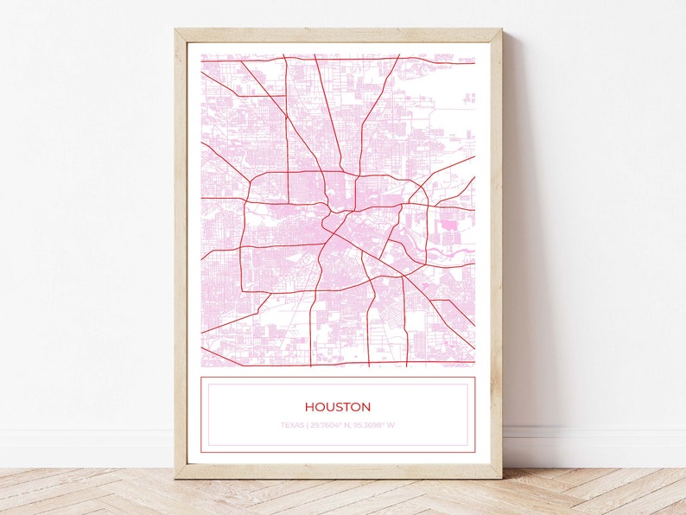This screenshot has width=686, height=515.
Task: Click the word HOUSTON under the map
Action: pyautogui.click(x=337, y=407)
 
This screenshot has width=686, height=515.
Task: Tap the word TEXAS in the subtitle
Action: pyautogui.click(x=292, y=425)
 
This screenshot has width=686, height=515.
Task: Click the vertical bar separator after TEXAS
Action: pyautogui.click(x=307, y=425)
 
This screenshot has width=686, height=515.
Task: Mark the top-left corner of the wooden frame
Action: pyautogui.click(x=176, y=30)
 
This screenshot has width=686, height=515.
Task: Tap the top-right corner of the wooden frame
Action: pyautogui.click(x=500, y=30)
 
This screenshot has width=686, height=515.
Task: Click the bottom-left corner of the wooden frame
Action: pyautogui.click(x=176, y=476)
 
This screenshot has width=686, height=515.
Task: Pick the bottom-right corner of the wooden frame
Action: pyautogui.click(x=500, y=476)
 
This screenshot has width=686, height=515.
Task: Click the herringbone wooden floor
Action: pyautogui.click(x=346, y=497)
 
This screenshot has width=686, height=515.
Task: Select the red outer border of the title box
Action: pyautogui.click(x=200, y=415)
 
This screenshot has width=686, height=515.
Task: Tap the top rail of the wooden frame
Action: pyautogui.click(x=337, y=34)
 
